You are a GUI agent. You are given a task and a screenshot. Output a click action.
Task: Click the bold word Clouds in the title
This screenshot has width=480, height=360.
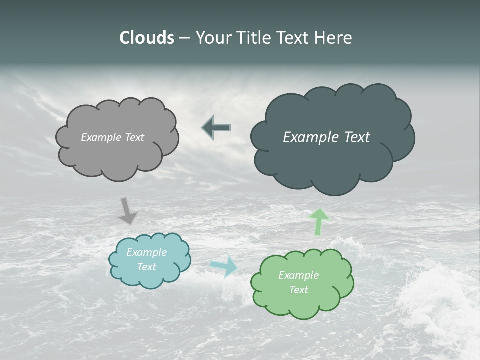[x=147, y=38]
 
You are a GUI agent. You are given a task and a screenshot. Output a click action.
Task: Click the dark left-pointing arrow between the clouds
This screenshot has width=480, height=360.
[x=216, y=128]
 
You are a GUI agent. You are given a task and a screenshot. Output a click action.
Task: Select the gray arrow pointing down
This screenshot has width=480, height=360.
[x=128, y=210]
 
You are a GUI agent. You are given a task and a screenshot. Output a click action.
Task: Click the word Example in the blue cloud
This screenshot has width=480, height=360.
[x=147, y=252]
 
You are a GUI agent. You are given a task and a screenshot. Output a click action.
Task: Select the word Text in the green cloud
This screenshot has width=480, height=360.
[x=299, y=290]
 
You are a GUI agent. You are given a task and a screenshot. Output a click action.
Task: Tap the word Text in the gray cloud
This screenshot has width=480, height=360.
[x=134, y=137]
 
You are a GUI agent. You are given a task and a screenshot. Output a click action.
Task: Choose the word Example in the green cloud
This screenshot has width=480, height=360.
[x=299, y=275]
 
